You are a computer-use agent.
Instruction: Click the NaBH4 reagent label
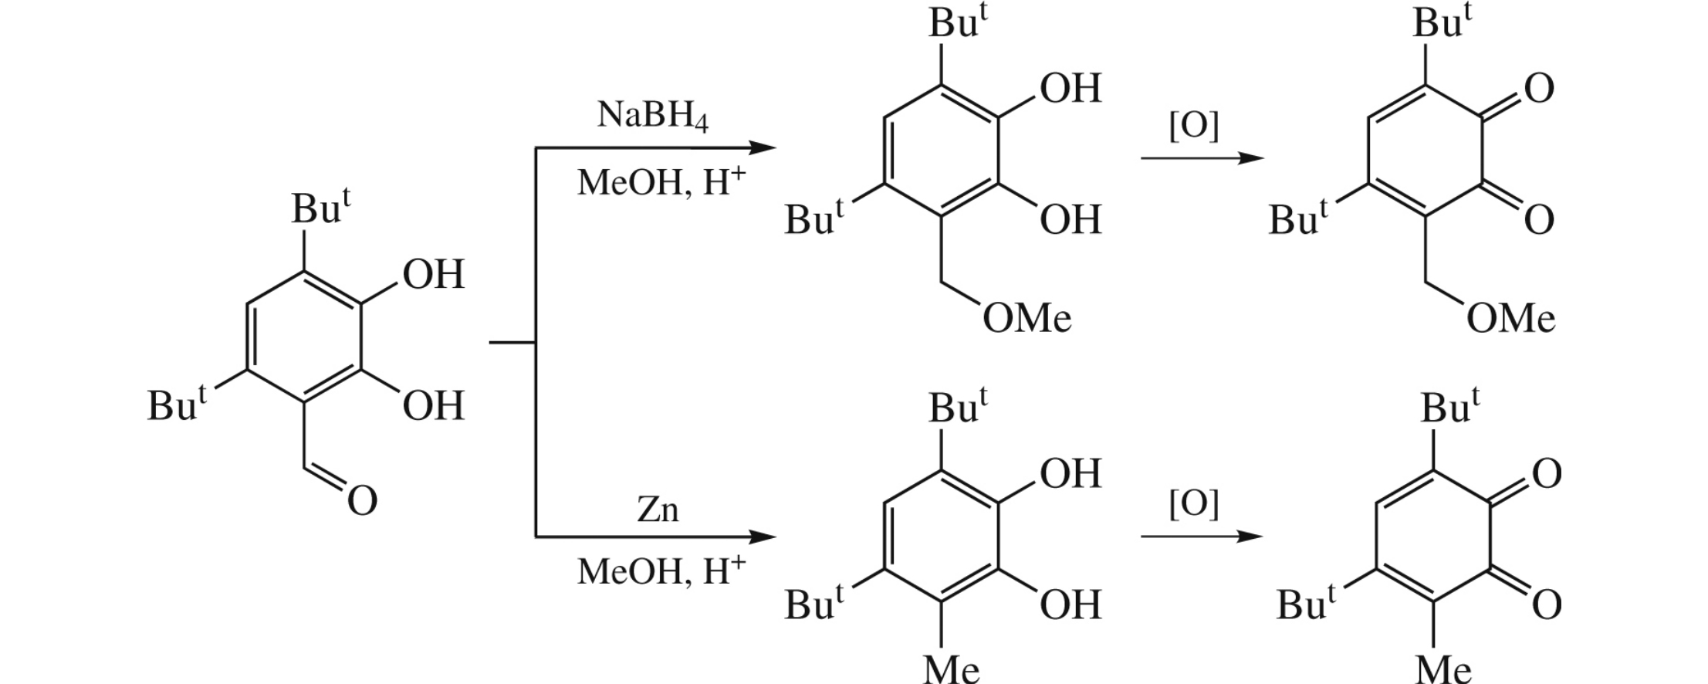pyautogui.click(x=652, y=117)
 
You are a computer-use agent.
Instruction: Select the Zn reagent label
pyautogui.click(x=658, y=510)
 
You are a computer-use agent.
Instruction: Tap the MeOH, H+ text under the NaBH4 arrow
pyautogui.click(x=661, y=183)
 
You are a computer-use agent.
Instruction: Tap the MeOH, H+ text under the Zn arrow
pyautogui.click(x=661, y=571)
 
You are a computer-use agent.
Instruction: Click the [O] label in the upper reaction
pyautogui.click(x=1193, y=126)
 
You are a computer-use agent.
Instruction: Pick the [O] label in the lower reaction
pyautogui.click(x=1193, y=506)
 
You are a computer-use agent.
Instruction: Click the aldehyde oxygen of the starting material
pyautogui.click(x=361, y=500)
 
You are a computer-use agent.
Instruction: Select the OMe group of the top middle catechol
pyautogui.click(x=1026, y=318)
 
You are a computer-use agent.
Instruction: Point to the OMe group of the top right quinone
pyautogui.click(x=1510, y=318)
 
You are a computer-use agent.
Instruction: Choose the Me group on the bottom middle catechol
pyautogui.click(x=951, y=668)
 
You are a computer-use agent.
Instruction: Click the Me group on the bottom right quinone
pyautogui.click(x=1442, y=668)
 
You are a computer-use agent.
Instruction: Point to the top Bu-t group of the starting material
pyautogui.click(x=320, y=208)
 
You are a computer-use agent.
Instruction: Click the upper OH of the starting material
pyautogui.click(x=433, y=275)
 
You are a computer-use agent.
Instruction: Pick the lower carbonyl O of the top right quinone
pyautogui.click(x=1538, y=220)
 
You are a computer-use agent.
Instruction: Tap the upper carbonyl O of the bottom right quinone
pyautogui.click(x=1546, y=474)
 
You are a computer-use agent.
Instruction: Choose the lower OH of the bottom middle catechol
pyautogui.click(x=1070, y=605)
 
